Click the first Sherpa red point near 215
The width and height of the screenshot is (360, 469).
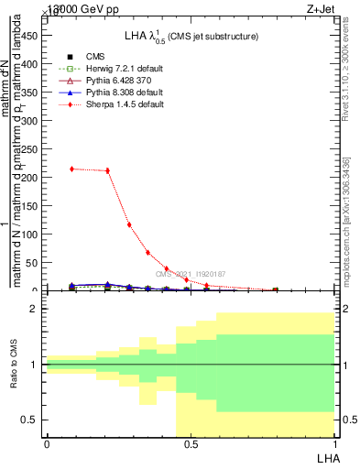[x=72, y=169]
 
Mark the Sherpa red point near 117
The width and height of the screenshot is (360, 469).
[x=129, y=224]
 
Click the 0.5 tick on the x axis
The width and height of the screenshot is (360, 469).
[x=191, y=444]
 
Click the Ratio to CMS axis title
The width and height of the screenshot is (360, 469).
[x=14, y=365]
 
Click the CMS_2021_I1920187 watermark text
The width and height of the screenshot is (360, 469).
[x=191, y=274]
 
